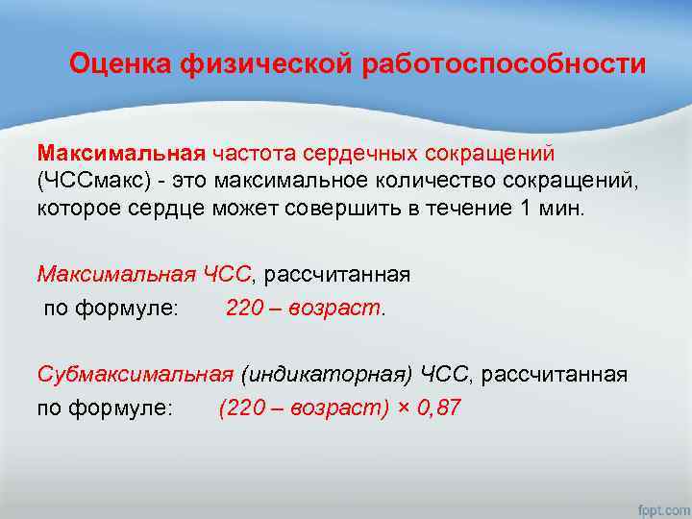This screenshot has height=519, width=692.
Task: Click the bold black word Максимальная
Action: pyautogui.click(x=122, y=153)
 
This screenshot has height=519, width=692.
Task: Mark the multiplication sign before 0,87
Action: pyautogui.click(x=403, y=408)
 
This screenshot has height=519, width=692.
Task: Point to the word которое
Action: pyautogui.click(x=77, y=209)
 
